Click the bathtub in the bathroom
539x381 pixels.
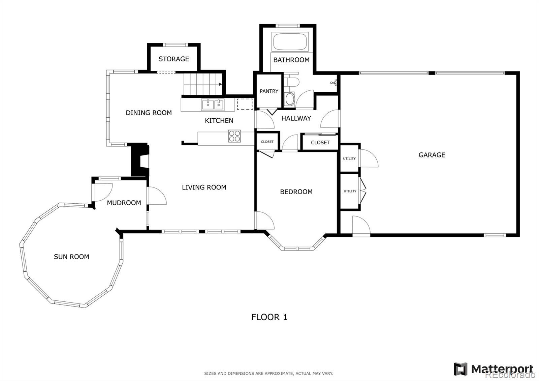coord(290,41)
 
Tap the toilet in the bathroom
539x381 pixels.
coord(291,82)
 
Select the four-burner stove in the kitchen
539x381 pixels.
coord(234,136)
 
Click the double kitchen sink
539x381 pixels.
coord(213,105)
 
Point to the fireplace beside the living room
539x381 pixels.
coord(139,159)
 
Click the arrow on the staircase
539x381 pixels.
coord(220,84)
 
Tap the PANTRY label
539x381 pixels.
coord(269,91)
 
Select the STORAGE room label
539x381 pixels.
coord(174,59)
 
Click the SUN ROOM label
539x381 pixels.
coord(71,257)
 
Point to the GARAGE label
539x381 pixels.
coord(432,155)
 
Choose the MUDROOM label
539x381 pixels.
coord(124,203)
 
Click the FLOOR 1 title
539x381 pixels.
coord(269,317)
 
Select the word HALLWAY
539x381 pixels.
coord(296,118)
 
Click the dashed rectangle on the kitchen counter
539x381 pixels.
coord(245,104)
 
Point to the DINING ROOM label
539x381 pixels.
coord(149,113)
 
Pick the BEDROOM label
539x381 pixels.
coord(296,192)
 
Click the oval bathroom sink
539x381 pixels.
coord(289,99)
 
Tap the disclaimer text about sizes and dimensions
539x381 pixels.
coord(268,374)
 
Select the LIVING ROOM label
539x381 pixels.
coord(204,187)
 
